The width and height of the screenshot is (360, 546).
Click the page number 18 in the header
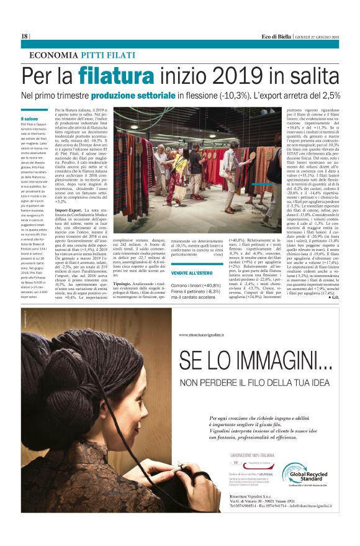tap(24, 37)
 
